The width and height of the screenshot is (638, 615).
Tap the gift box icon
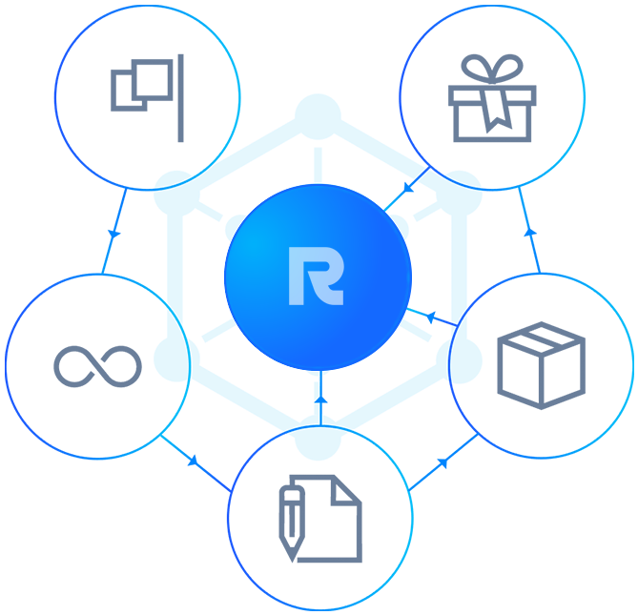pyautogui.click(x=491, y=100)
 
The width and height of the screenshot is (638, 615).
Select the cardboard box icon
pyautogui.click(x=541, y=365)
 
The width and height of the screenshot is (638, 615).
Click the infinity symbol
pyautogui.click(x=97, y=364)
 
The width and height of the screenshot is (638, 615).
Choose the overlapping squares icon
pyautogui.click(x=141, y=85)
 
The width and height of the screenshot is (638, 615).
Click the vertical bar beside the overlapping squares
pyautogui.click(x=180, y=86)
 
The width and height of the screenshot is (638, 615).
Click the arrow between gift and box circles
pyautogui.click(x=531, y=231)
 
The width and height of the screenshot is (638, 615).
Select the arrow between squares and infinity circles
pyautogui.click(x=113, y=232)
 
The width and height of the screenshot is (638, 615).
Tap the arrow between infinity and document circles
pyautogui.click(x=193, y=461)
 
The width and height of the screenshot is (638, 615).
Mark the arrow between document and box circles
pyautogui.click(x=442, y=463)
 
